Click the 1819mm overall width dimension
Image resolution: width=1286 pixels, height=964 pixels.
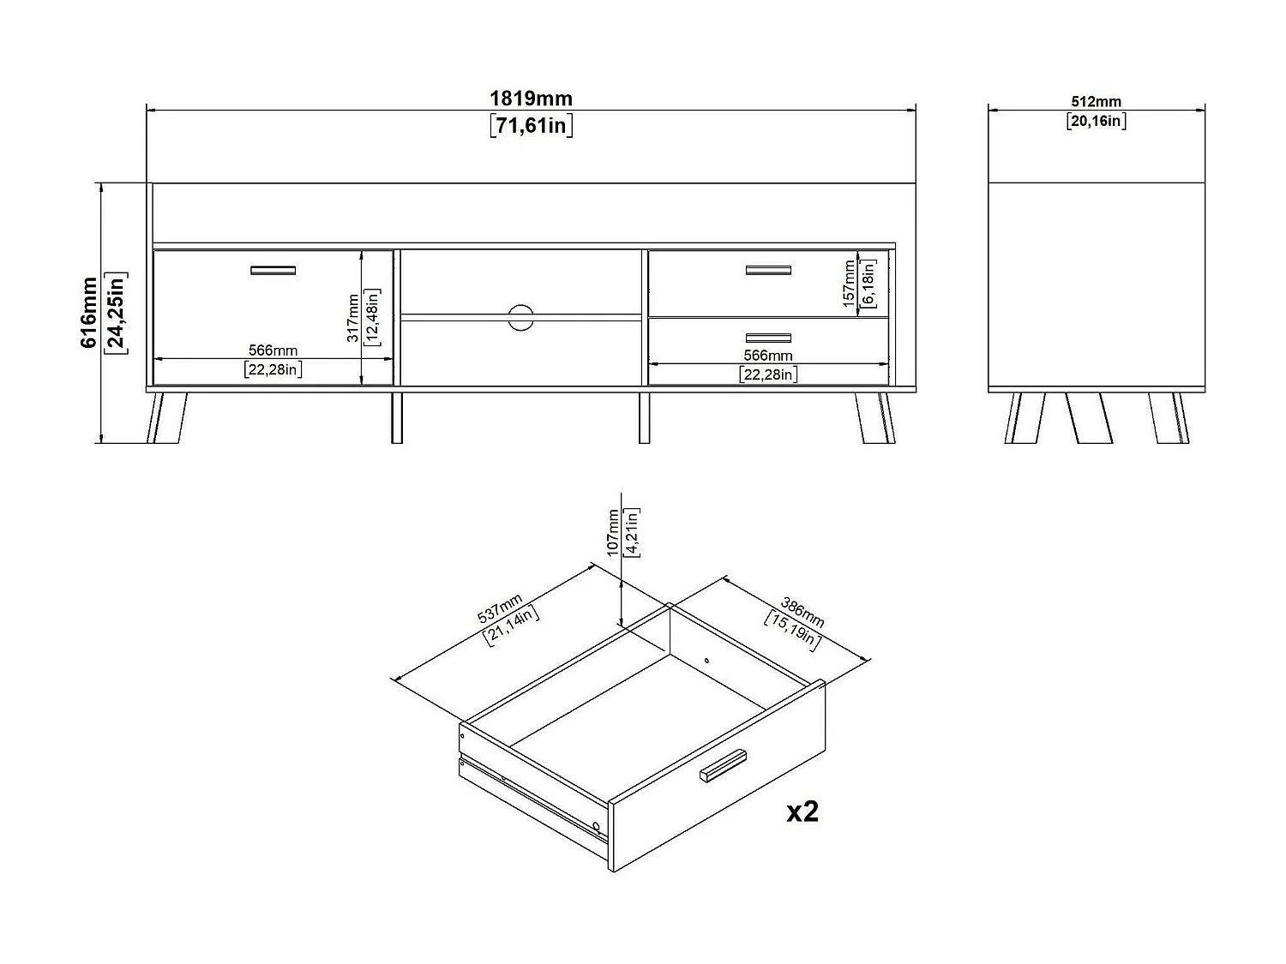(531, 99)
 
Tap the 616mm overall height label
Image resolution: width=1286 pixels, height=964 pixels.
(89, 312)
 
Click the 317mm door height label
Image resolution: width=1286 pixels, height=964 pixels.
(352, 318)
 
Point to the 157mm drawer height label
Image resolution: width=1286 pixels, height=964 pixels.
(848, 284)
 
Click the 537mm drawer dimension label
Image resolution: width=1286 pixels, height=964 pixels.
(500, 609)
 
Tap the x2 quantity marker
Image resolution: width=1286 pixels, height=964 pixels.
(802, 811)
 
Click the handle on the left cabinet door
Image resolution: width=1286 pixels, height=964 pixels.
(273, 271)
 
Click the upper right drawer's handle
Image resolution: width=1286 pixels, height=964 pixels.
(768, 271)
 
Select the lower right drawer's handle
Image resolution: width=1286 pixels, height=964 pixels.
(768, 338)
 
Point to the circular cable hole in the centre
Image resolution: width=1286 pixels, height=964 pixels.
(520, 316)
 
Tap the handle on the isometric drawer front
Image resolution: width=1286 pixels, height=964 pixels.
(723, 765)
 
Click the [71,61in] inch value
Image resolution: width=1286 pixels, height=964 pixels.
(531, 126)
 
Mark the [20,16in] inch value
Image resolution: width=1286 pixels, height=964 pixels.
(1097, 121)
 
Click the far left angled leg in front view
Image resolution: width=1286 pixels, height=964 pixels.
(166, 418)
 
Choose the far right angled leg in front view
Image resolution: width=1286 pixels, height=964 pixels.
(874, 418)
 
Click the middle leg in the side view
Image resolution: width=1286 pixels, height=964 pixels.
(1089, 418)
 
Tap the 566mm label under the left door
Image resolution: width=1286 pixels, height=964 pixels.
(273, 350)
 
